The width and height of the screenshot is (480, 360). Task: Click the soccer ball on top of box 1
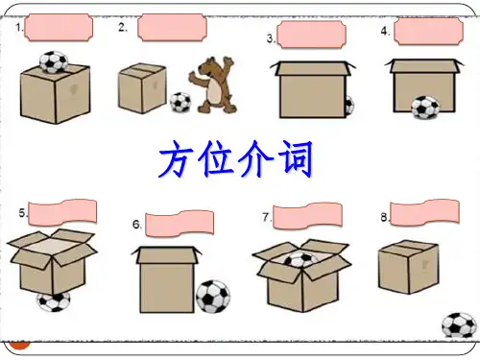click(54, 62)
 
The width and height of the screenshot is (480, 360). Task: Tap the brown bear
click(212, 85)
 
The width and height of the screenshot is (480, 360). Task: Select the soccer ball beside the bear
click(180, 103)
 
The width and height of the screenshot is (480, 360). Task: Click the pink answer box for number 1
click(59, 28)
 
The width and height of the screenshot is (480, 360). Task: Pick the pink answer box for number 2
click(172, 28)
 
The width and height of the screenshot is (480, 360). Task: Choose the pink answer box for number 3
click(311, 35)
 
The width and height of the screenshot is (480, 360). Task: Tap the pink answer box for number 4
click(428, 31)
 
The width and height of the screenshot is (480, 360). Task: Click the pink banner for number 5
click(62, 212)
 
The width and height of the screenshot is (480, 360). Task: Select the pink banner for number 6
click(180, 224)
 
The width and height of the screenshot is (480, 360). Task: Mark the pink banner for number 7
click(307, 216)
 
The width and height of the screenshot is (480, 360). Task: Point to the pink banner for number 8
click(425, 213)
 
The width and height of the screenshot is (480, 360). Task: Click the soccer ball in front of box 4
click(425, 108)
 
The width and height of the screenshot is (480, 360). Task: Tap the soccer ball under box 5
click(54, 301)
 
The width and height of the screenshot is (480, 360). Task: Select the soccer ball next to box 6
click(213, 297)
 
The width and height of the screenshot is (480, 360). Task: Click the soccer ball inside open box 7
click(300, 259)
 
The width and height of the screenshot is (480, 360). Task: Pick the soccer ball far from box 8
click(459, 325)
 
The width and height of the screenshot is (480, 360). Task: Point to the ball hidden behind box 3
click(349, 106)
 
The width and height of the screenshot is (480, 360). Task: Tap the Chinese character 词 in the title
click(295, 159)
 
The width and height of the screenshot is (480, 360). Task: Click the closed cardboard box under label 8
click(408, 267)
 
